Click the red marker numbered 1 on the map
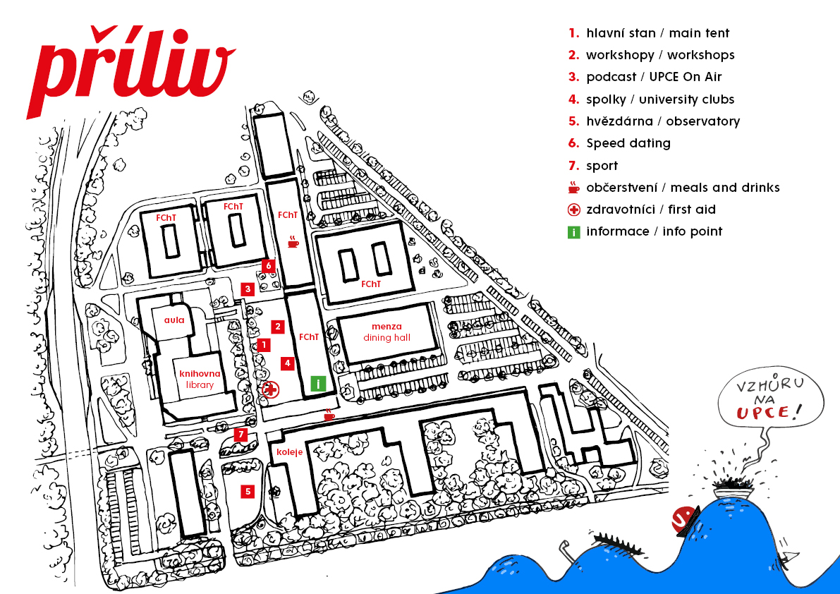coord(263,345)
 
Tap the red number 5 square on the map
coord(248,491)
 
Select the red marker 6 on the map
coord(269,265)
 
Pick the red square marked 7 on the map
coord(241,435)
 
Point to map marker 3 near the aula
coord(248,289)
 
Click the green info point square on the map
coord(318,384)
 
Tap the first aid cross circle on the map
coord(271,389)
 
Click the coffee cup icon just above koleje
coord(329,414)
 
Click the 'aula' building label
coord(174,320)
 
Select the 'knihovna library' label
coord(200,380)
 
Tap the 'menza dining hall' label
coord(386,332)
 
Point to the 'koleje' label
coord(290,452)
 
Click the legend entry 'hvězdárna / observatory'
coord(654,121)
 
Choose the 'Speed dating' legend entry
coord(620,143)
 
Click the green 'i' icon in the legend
coord(573,232)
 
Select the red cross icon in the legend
coord(573,210)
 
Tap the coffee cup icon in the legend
coord(573,187)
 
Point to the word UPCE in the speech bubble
coord(763,413)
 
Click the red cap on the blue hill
coord(685,519)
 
